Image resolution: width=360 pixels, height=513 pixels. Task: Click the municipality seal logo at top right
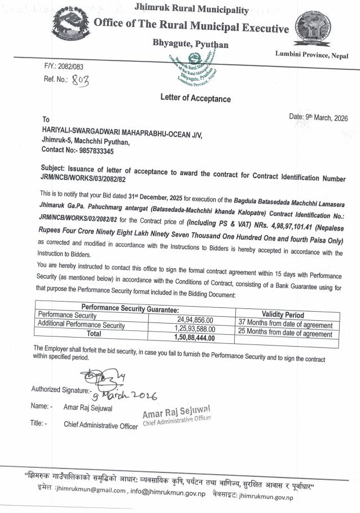311,30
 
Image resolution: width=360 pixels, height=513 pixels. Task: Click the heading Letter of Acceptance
196,99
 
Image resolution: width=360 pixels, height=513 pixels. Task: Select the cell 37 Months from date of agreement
286,325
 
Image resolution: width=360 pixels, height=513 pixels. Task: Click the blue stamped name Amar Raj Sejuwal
177,409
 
